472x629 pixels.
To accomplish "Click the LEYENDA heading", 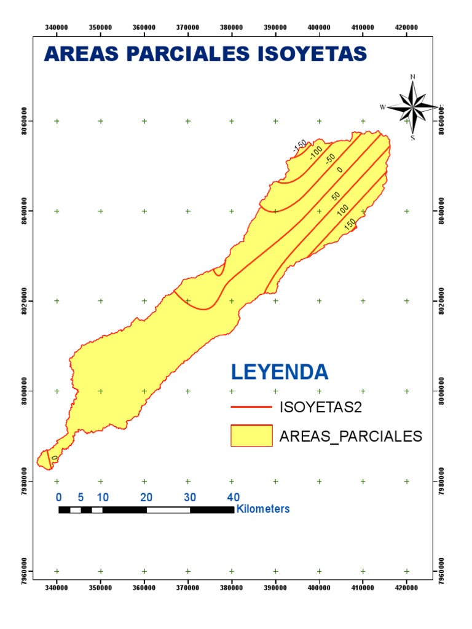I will point(280,372).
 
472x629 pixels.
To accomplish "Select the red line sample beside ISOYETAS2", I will point(251,407).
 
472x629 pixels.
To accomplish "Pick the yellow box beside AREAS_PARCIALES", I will point(251,436).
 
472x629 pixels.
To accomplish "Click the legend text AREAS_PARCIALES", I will point(350,436).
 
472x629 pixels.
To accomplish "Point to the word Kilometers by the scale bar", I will point(263,509).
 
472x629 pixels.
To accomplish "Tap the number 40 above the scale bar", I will point(234,497).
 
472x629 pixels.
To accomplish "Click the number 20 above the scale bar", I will point(146,497).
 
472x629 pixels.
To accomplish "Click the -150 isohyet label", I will point(300,147).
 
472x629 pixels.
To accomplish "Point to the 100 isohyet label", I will point(343,210).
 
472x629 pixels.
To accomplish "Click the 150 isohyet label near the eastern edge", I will point(350,225).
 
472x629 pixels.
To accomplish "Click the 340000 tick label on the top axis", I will point(57,28).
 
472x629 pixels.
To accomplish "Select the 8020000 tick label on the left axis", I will point(23,301).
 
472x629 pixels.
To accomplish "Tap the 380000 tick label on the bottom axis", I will point(232,587).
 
